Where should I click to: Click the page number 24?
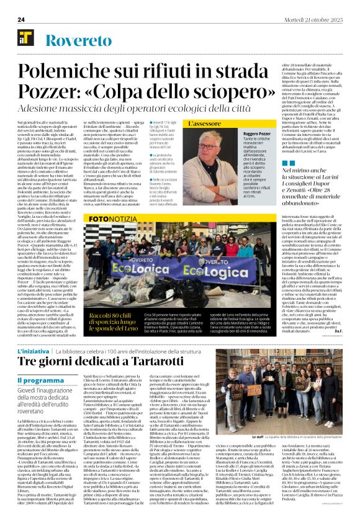click(x=21, y=19)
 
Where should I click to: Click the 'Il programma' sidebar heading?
click(x=38, y=380)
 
